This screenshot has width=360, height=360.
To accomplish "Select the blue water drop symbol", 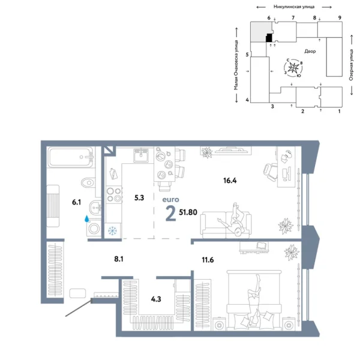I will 89,220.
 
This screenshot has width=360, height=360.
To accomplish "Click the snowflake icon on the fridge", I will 112,231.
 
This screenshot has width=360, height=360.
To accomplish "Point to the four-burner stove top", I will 113,196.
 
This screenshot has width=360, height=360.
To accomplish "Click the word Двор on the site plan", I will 310,52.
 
